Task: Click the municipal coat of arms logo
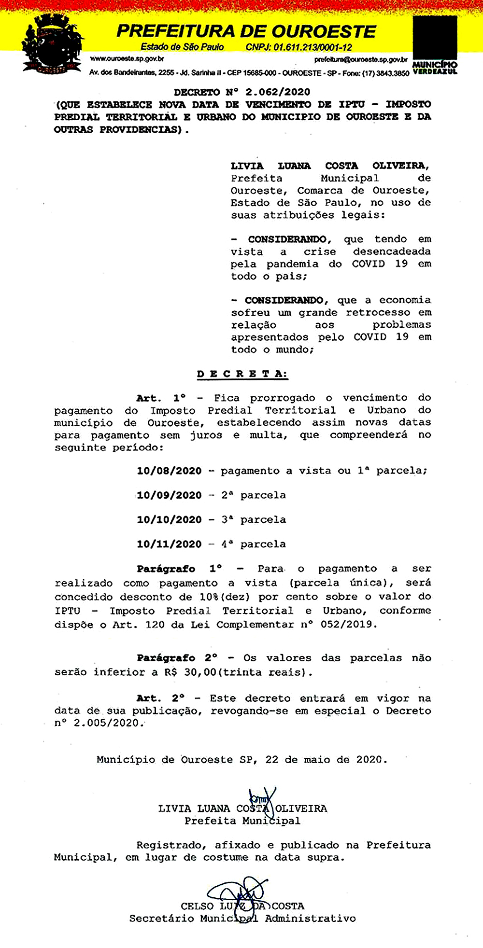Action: coord(51,44)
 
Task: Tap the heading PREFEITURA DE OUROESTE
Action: coord(246,31)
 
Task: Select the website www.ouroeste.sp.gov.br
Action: coord(127,59)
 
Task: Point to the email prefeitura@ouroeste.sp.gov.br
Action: coord(360,60)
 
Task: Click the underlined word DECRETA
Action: coord(242,374)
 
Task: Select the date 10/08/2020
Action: coord(169,471)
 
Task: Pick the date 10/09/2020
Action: coord(169,495)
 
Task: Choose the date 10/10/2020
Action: coord(169,520)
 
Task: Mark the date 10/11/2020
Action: coord(169,544)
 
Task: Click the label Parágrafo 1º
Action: coord(179,569)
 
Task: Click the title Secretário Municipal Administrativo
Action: coord(242,919)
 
